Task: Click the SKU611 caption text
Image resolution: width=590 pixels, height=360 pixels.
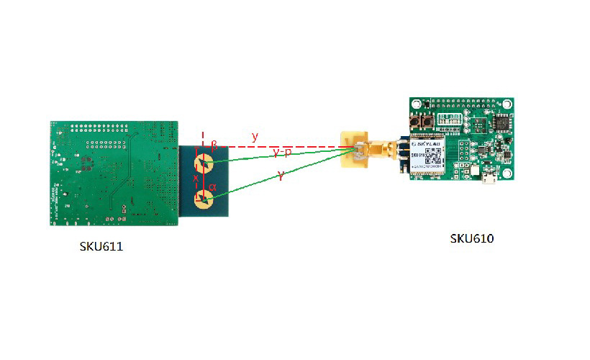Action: pyautogui.click(x=101, y=247)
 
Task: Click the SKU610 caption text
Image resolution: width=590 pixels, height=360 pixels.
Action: pyautogui.click(x=472, y=238)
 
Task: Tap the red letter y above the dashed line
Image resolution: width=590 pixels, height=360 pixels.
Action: pyautogui.click(x=254, y=136)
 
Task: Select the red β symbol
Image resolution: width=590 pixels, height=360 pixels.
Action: pyautogui.click(x=214, y=143)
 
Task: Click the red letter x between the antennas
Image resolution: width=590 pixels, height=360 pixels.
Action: pyautogui.click(x=195, y=178)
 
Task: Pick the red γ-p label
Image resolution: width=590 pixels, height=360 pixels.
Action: pyautogui.click(x=282, y=153)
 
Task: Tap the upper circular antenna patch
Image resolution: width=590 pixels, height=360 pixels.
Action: pyautogui.click(x=205, y=163)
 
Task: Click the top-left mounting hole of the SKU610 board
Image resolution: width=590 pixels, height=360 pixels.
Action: pyautogui.click(x=415, y=103)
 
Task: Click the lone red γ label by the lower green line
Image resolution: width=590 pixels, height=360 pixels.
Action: pyautogui.click(x=281, y=175)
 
